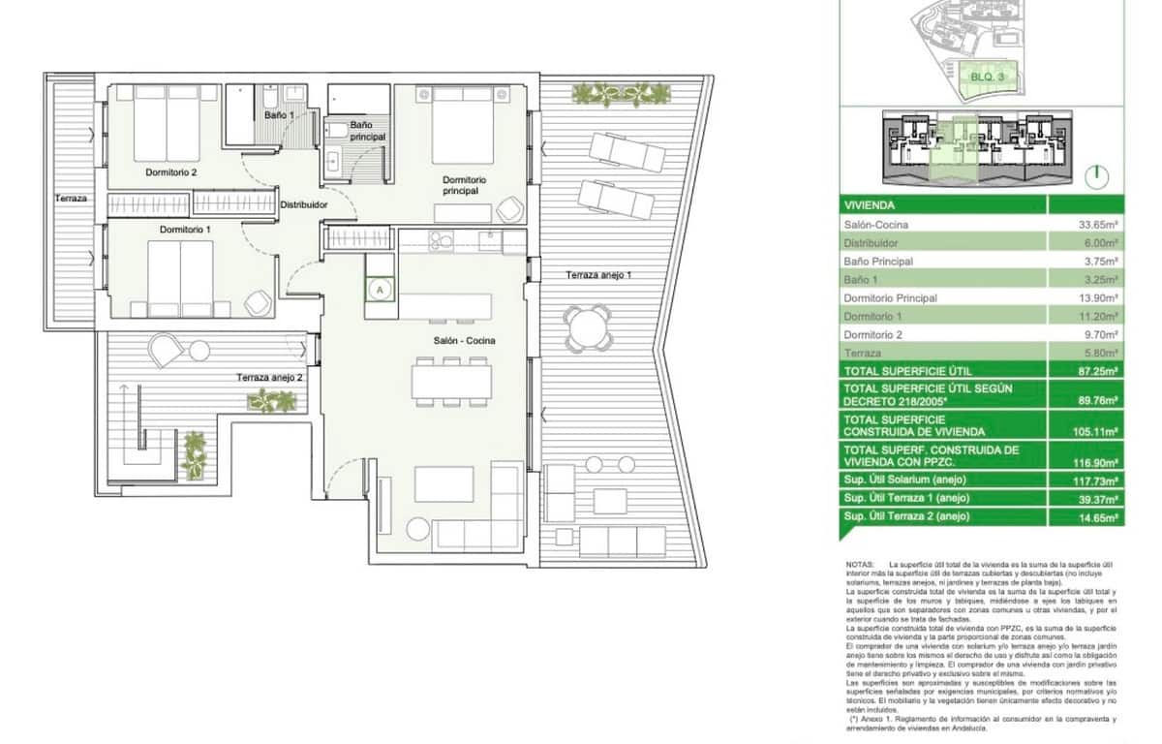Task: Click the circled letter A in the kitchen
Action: pyautogui.click(x=381, y=289)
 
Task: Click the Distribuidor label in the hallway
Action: pyautogui.click(x=304, y=205)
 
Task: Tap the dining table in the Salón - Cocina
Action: pyautogui.click(x=451, y=380)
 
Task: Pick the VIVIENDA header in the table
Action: pyautogui.click(x=870, y=206)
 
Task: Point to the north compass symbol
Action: pyautogui.click(x=1096, y=176)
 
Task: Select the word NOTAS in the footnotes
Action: pyautogui.click(x=860, y=563)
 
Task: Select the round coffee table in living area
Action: pyautogui.click(x=417, y=529)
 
